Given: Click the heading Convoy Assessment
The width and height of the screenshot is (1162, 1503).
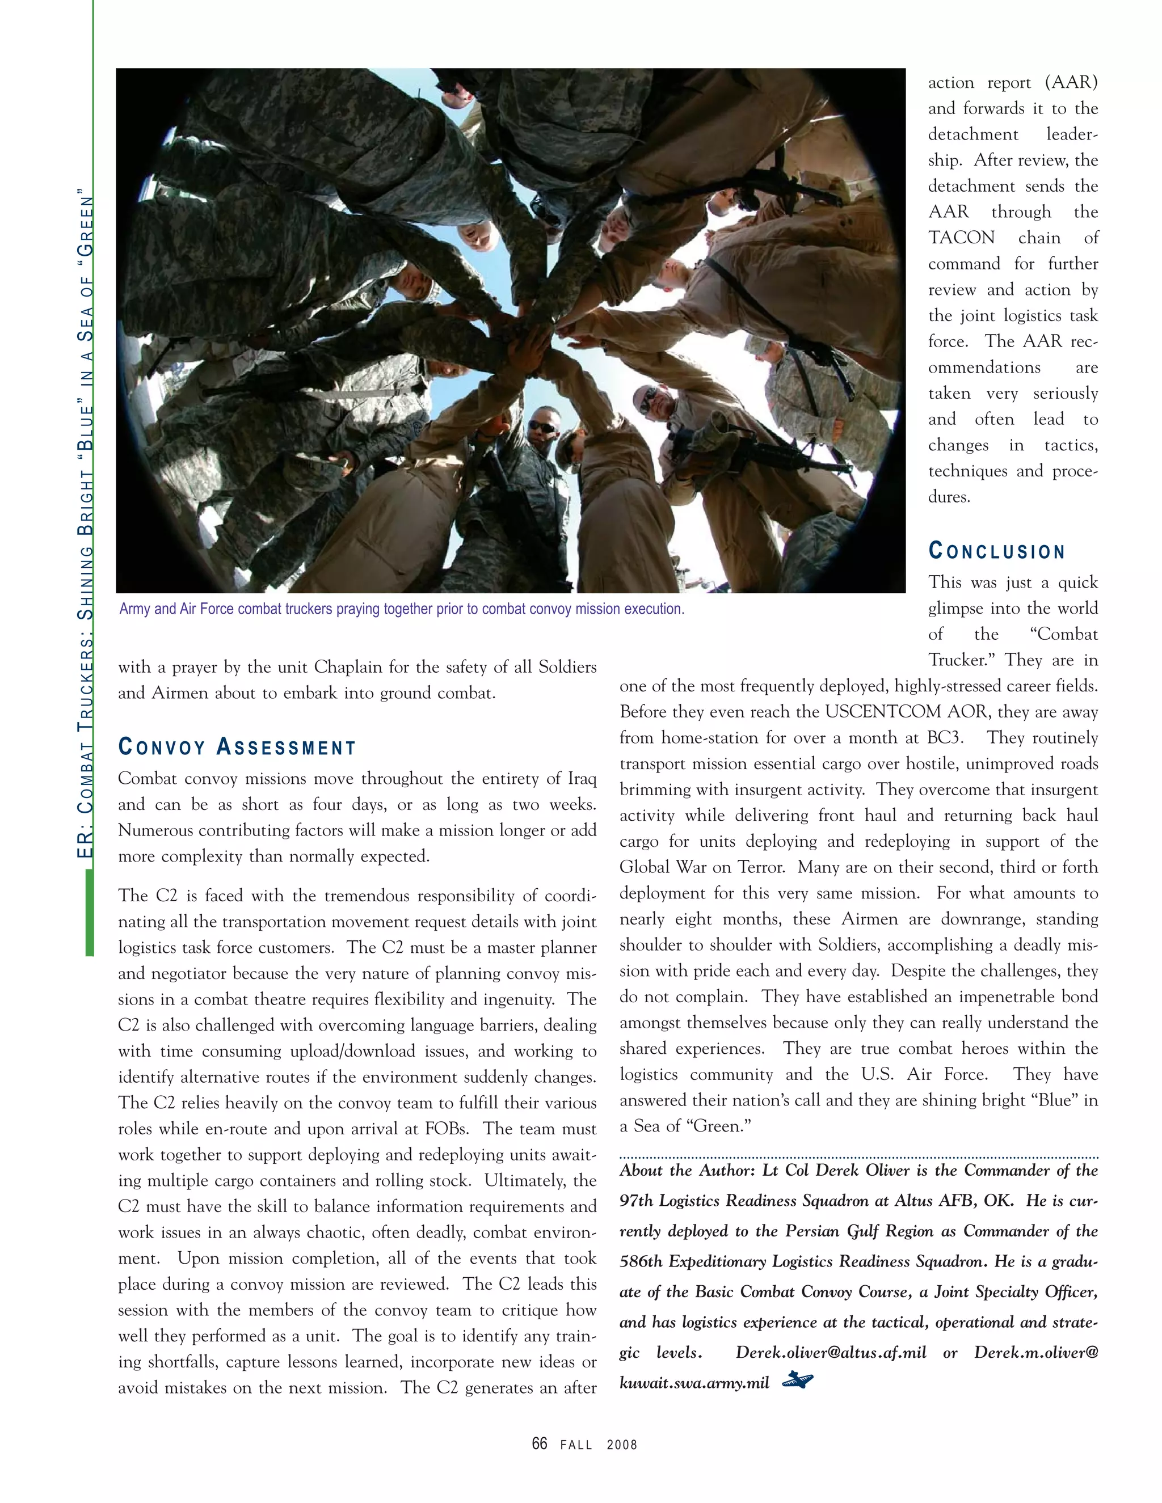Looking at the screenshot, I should [x=238, y=748].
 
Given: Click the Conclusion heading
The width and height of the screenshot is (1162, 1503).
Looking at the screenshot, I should [x=996, y=551].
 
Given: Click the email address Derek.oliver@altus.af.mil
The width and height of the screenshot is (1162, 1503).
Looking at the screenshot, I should [x=831, y=1352].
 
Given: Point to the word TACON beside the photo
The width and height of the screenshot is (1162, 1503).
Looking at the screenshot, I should [x=961, y=238].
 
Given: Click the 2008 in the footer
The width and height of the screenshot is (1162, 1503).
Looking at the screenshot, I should [x=622, y=1445].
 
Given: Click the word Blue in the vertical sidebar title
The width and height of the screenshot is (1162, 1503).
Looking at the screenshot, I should [x=85, y=432].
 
